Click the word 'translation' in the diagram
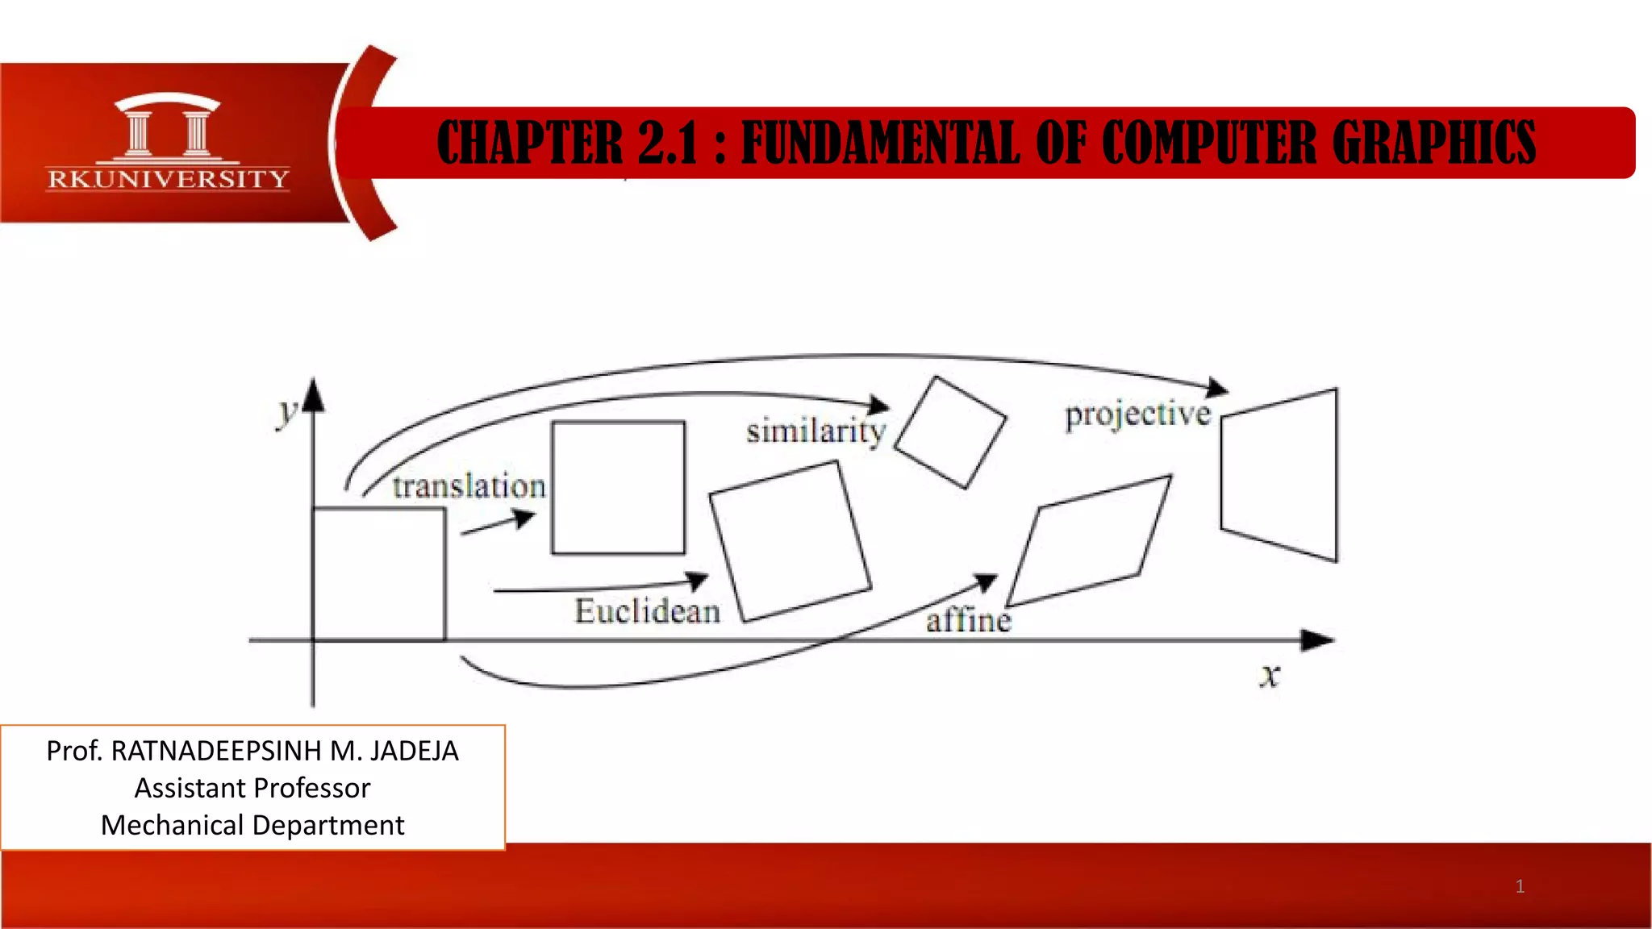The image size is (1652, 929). (469, 486)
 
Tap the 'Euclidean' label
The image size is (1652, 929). (647, 611)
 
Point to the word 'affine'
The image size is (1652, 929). (968, 620)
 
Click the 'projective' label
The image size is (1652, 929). (1137, 415)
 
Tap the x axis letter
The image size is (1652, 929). (1270, 675)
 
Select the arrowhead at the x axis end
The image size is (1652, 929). (1319, 640)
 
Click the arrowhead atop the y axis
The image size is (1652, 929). (314, 395)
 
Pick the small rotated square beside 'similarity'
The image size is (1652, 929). (950, 432)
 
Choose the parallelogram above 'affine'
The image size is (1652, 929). (1089, 541)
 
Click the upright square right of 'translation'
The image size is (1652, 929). (619, 487)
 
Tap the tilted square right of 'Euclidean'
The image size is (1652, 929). (790, 541)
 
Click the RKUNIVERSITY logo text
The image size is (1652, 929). (168, 179)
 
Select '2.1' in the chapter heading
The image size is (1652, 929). (667, 143)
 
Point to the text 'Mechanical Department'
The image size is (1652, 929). (252, 825)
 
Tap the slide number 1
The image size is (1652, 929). (1520, 886)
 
